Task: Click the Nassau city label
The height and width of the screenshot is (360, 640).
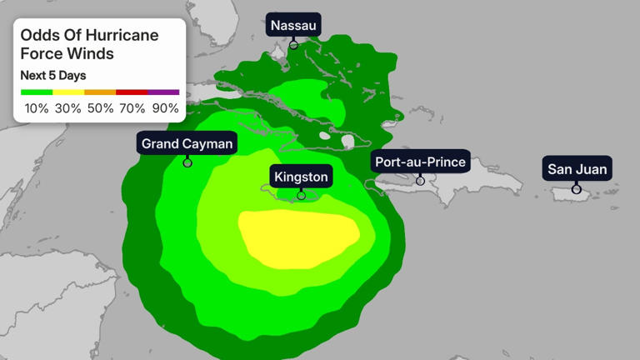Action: tap(294, 25)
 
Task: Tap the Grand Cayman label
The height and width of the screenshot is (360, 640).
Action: tap(187, 143)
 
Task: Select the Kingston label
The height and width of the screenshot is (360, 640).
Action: tap(301, 176)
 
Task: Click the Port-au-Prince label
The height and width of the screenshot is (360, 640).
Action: tap(420, 162)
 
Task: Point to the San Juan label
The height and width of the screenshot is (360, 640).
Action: tap(577, 169)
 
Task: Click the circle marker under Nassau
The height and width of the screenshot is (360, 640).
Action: tap(294, 44)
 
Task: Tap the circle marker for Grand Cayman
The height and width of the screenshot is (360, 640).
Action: tap(187, 162)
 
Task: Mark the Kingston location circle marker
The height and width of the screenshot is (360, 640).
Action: tap(302, 195)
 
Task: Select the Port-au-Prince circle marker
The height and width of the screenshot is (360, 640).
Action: tap(420, 180)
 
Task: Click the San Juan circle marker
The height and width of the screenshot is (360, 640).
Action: tap(577, 189)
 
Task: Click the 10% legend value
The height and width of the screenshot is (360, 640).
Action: tap(37, 108)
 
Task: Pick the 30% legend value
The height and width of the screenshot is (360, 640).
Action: tap(68, 108)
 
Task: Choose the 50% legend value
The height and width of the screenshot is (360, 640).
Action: tap(100, 108)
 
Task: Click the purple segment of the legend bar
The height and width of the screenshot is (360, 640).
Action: tap(163, 92)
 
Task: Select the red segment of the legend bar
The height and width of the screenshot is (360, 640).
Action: tap(132, 92)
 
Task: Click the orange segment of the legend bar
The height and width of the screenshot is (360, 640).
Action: tap(100, 92)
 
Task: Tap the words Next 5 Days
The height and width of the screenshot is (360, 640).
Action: tap(53, 75)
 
